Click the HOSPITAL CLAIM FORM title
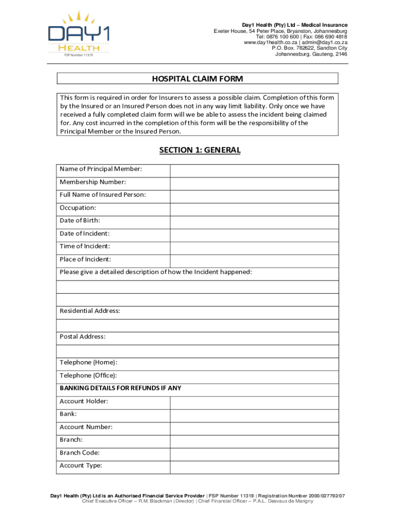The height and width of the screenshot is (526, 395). tap(197, 79)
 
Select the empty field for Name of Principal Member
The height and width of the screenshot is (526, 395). tap(254, 171)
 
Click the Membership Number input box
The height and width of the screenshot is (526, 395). tap(254, 183)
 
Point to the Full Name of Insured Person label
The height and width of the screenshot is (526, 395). tap(103, 195)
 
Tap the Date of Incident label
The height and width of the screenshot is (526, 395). tap(84, 233)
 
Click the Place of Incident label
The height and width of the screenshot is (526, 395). tap(85, 259)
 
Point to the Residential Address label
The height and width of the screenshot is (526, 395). tap(90, 311)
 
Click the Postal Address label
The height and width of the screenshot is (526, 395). tap(83, 336)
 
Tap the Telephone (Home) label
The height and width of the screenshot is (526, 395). tap(88, 362)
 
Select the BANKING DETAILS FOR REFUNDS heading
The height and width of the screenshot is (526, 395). tap(120, 388)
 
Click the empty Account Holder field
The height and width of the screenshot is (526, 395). tap(254, 403)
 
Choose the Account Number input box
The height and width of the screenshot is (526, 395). tap(254, 428)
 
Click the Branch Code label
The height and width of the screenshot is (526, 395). tap(80, 453)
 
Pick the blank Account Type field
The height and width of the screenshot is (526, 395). tap(254, 467)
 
